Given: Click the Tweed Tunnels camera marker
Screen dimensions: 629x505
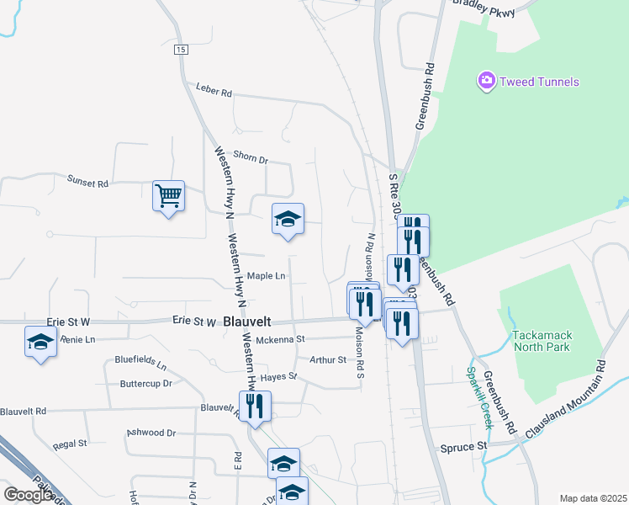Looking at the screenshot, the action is tap(486, 82).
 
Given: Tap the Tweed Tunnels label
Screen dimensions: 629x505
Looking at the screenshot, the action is tap(538, 82).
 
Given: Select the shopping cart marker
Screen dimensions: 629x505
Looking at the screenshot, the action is tap(168, 196).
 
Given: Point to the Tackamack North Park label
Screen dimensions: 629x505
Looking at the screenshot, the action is tap(542, 341).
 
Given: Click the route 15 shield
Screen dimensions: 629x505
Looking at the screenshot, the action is tap(181, 50).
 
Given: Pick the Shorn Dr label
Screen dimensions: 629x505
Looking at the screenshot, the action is tap(250, 158).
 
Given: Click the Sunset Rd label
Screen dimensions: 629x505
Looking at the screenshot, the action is tap(88, 182).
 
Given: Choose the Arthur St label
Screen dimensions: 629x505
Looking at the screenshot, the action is tap(328, 360).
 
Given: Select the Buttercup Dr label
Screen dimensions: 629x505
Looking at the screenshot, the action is tap(145, 383).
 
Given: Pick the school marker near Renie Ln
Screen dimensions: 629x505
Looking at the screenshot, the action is tap(41, 343).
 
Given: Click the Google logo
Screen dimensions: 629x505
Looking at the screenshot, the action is tap(28, 495).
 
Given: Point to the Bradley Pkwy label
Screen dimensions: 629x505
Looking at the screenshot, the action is tap(482, 4).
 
